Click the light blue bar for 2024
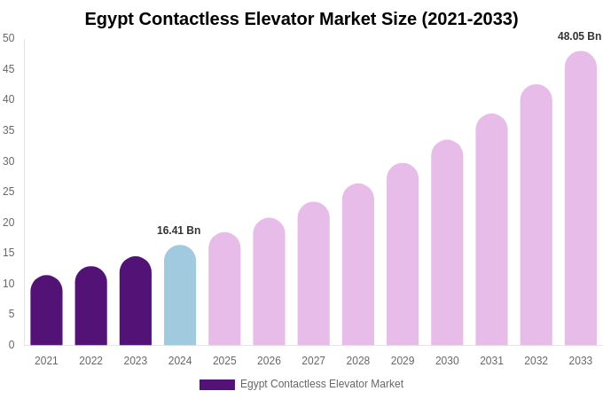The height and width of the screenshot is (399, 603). [x=180, y=295]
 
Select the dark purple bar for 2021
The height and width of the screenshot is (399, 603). [x=46, y=310]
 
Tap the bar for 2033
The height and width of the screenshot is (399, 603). [x=581, y=199]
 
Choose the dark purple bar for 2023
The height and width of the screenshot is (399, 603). [x=136, y=301]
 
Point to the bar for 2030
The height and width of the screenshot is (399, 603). [x=447, y=243]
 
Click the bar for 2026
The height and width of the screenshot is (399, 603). [x=269, y=282]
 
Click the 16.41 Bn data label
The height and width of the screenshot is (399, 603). [x=179, y=231]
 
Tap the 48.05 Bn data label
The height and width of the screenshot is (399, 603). [x=579, y=36]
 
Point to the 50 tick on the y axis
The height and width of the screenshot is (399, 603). [x=9, y=38]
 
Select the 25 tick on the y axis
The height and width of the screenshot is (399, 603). [x=9, y=192]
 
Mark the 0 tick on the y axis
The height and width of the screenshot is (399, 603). [x=12, y=345]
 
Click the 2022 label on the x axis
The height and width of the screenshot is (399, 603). [x=90, y=361]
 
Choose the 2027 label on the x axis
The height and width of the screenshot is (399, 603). [x=313, y=361]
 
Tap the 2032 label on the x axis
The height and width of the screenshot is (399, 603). [x=536, y=361]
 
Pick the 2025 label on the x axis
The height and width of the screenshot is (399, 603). [x=224, y=361]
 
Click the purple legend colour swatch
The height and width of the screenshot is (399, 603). [x=217, y=385]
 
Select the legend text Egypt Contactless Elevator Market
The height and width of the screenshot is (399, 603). [x=322, y=384]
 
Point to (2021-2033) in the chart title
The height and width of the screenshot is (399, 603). [x=470, y=19]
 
